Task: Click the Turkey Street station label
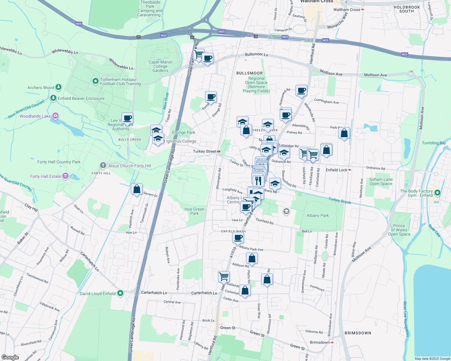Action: (x=205, y=151)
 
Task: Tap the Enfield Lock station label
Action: (x=336, y=170)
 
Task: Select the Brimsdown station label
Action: (x=320, y=342)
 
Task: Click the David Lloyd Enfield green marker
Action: (x=120, y=293)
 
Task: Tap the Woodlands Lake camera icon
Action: (x=55, y=116)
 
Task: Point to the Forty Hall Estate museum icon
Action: (x=65, y=176)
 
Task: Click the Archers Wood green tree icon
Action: (x=58, y=87)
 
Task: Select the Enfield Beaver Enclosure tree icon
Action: (x=53, y=98)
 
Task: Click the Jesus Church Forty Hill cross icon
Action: (x=103, y=165)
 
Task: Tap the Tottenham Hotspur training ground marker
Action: (x=96, y=81)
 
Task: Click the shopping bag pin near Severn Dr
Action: (x=137, y=189)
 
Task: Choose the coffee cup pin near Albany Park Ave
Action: (x=238, y=238)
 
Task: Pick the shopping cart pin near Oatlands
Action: (x=224, y=276)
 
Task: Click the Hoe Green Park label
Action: (x=194, y=211)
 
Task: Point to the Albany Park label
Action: (x=317, y=215)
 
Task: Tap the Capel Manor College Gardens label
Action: (x=160, y=66)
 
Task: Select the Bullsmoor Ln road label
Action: (x=256, y=54)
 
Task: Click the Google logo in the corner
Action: (x=10, y=357)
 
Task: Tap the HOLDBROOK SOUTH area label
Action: (x=407, y=9)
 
